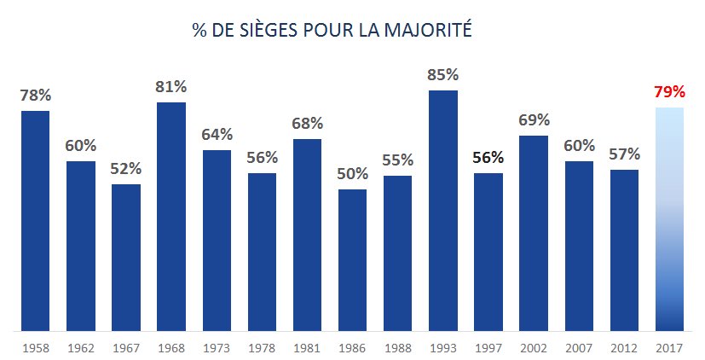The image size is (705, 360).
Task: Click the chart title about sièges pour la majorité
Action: tap(332, 32)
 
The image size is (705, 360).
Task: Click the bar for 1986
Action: tap(352, 259)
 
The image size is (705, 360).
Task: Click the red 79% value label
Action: tap(669, 92)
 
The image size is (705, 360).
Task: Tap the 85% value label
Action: tap(443, 75)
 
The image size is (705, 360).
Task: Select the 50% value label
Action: tap(352, 174)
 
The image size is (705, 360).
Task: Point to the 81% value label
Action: tap(171, 87)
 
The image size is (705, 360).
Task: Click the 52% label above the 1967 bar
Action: tap(126, 169)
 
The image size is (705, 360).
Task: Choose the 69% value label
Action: tap(534, 120)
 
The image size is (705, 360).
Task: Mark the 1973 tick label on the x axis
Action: tap(217, 348)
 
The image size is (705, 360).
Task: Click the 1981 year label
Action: tap(307, 348)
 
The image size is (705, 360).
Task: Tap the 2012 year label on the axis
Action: tap(624, 348)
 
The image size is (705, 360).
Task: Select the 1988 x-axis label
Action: tap(397, 348)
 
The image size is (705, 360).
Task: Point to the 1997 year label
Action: tap(488, 348)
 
